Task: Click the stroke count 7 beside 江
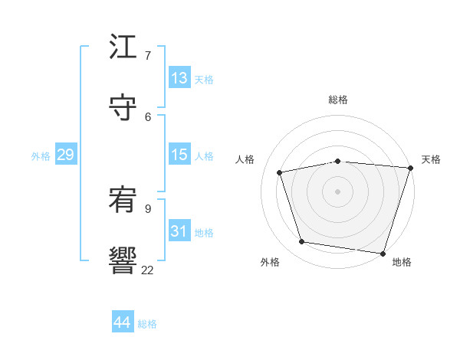pyautogui.click(x=148, y=55)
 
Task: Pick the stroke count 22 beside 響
pyautogui.click(x=147, y=270)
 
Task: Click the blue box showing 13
pyautogui.click(x=179, y=78)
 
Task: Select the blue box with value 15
pyautogui.click(x=179, y=155)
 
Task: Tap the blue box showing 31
pyautogui.click(x=179, y=231)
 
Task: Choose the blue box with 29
pyautogui.click(x=65, y=155)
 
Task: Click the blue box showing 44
pyautogui.click(x=122, y=322)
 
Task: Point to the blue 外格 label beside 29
pyautogui.click(x=41, y=156)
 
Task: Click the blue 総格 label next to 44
pyautogui.click(x=147, y=324)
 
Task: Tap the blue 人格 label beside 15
pyautogui.click(x=204, y=156)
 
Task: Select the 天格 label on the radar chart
pyautogui.click(x=431, y=159)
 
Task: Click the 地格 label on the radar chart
pyautogui.click(x=402, y=263)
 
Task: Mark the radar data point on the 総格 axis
pyautogui.click(x=338, y=162)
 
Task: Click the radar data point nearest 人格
pyautogui.click(x=280, y=172)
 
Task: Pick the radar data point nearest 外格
pyautogui.click(x=302, y=242)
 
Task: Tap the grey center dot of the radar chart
pyautogui.click(x=338, y=191)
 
